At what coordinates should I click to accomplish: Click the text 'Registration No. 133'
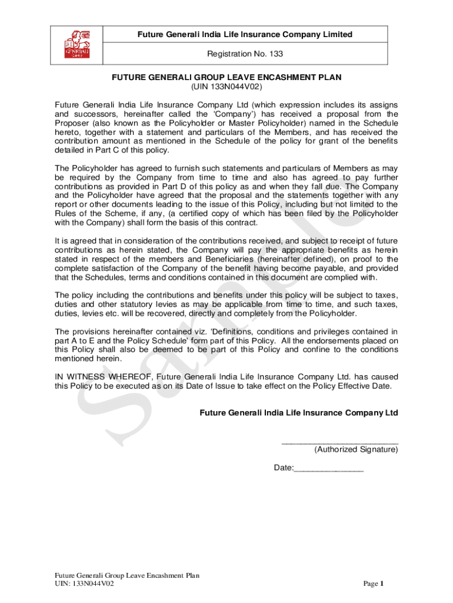click(x=245, y=54)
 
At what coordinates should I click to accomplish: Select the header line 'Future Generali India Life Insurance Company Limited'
click(x=245, y=34)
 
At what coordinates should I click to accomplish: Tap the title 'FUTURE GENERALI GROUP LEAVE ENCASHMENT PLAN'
click(x=226, y=77)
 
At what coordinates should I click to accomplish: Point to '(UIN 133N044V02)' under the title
click(x=226, y=87)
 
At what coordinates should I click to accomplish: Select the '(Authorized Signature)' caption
click(x=356, y=450)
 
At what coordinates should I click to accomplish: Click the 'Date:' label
click(x=284, y=468)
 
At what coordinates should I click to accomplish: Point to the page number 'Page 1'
click(x=373, y=584)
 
